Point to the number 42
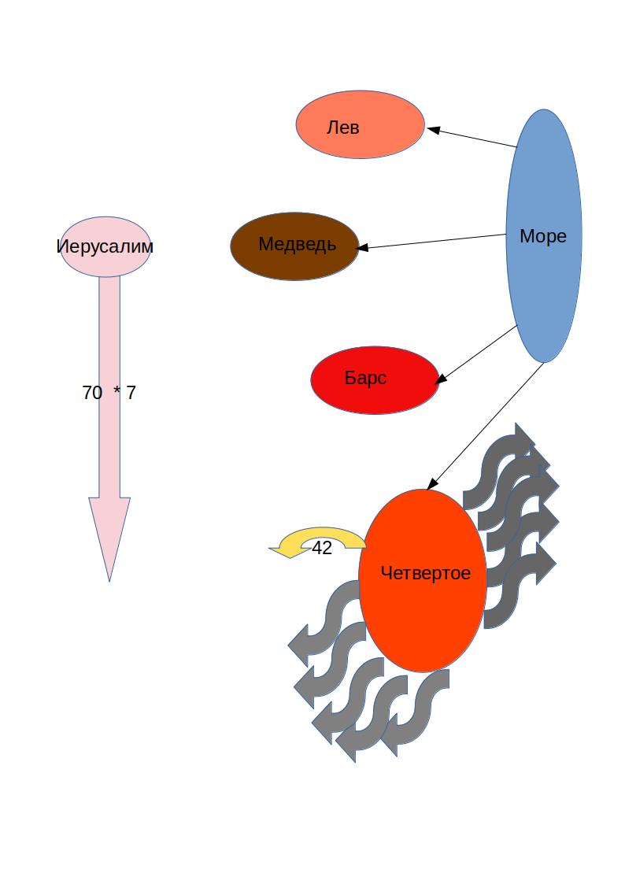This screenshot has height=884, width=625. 322,549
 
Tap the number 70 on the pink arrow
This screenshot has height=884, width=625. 92,393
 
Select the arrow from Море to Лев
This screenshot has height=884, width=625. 472,138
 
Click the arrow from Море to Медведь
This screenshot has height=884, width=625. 433,242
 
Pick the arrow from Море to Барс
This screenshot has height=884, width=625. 477,354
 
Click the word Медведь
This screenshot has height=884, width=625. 298,245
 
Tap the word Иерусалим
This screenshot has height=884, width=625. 105,246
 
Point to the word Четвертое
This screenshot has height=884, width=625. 425,573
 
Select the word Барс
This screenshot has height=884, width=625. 365,378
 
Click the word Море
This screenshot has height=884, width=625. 543,236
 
